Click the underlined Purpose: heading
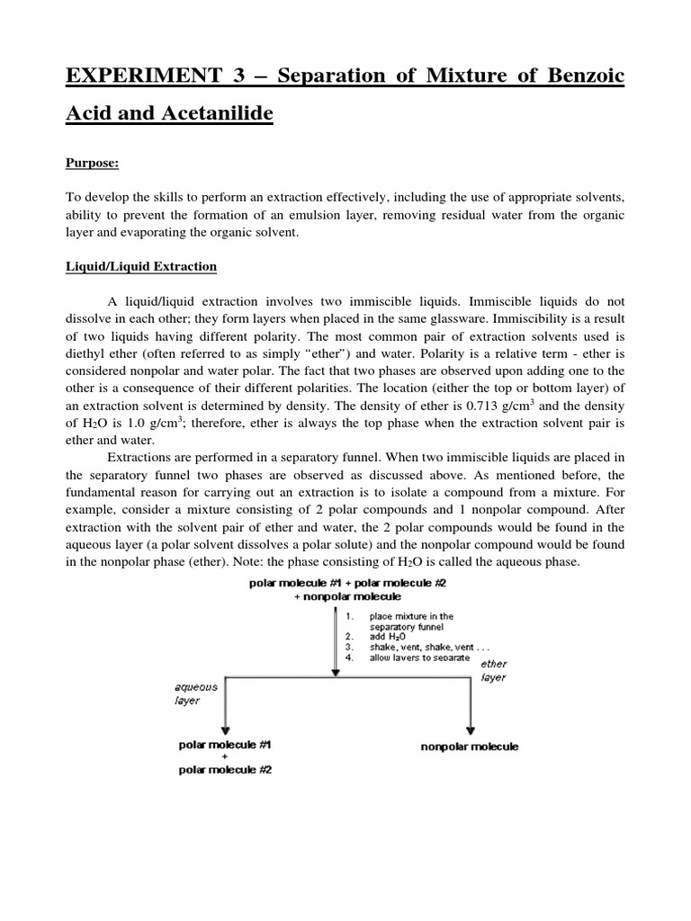pyautogui.click(x=94, y=164)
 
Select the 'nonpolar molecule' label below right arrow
pyautogui.click(x=470, y=747)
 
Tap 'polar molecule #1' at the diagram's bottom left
pyautogui.click(x=226, y=745)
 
